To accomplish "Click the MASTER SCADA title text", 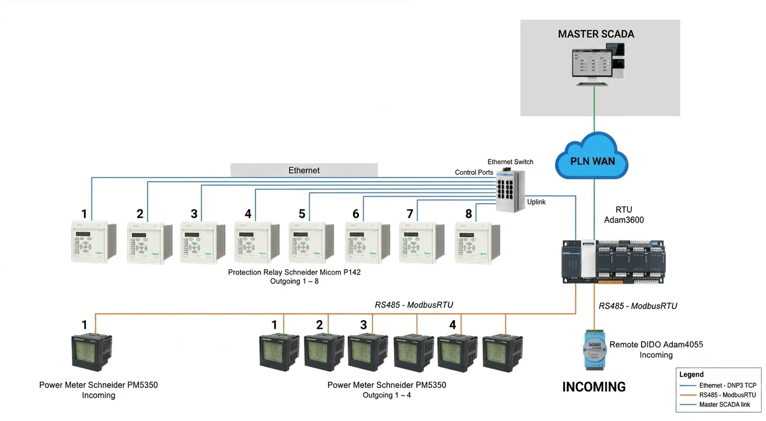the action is coord(596,34).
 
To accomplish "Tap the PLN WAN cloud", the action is coord(592,156).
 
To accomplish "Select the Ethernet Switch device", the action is coord(510,190).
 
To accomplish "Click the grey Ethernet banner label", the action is coord(304,170).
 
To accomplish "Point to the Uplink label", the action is coord(536,202).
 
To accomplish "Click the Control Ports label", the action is coord(474,172).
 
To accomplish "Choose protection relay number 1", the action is coord(94,242).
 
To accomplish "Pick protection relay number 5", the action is coord(312,242).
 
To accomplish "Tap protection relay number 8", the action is coord(478,242).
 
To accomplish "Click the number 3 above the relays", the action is coord(194,214).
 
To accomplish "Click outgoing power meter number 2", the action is coord(324,353).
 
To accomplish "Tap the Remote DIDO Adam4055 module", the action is coord(594,350).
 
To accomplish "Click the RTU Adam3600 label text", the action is coord(624,215).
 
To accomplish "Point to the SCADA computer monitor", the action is coord(592,64).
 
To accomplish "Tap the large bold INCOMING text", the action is coord(594,387).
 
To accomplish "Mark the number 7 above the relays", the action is coord(410,214).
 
